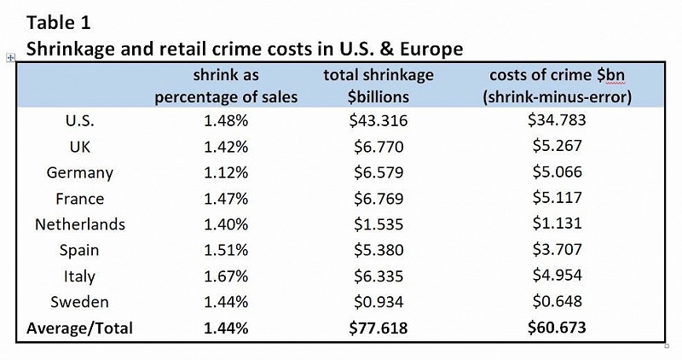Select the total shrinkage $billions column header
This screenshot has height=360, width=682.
379,85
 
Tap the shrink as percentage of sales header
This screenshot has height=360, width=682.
226,85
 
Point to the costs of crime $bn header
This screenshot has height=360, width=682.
556,85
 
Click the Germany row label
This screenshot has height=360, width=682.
80,172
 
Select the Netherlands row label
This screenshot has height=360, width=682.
80,224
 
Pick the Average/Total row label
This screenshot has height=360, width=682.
80,328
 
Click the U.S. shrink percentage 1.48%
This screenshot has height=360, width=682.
226,120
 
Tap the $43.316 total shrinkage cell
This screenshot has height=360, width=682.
379,120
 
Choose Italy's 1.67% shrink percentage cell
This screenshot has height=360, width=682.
226,276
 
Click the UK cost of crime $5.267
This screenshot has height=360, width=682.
556,146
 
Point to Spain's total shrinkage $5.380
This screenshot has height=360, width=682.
379,250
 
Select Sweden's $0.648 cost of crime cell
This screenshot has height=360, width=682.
556,302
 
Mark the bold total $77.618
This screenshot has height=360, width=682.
379,328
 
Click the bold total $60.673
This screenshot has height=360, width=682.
556,328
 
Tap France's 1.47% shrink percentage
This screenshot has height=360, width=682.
226,198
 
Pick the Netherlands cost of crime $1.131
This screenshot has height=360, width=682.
556,224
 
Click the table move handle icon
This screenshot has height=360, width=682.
9,57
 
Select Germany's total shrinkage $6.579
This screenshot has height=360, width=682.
379,172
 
